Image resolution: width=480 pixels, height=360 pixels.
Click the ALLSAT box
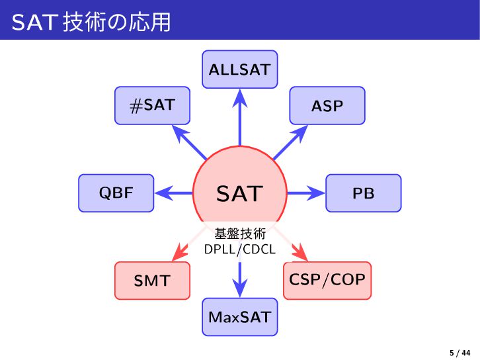pyautogui.click(x=239, y=69)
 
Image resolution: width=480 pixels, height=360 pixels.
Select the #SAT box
pyautogui.click(x=152, y=105)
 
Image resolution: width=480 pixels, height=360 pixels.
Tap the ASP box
pyautogui.click(x=327, y=105)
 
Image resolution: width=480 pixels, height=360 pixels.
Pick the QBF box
pyautogui.click(x=116, y=193)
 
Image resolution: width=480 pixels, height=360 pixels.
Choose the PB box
pyautogui.click(x=363, y=193)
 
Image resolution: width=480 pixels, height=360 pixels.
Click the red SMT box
pyautogui.click(x=152, y=281)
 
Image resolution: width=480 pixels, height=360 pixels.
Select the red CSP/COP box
pyautogui.click(x=327, y=280)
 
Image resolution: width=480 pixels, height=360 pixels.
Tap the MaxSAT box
pyautogui.click(x=239, y=317)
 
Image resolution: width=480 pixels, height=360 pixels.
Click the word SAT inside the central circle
pyautogui.click(x=239, y=194)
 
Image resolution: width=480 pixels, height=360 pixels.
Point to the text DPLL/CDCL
pyautogui.click(x=239, y=249)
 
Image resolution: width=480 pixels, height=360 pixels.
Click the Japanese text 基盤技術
pyautogui.click(x=239, y=234)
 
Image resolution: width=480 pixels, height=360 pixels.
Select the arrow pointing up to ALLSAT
pyautogui.click(x=239, y=119)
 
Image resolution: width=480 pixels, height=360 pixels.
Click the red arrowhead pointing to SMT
pyautogui.click(x=177, y=253)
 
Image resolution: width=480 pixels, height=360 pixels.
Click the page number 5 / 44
pyautogui.click(x=460, y=352)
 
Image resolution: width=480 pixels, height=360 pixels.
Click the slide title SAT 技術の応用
pyautogui.click(x=91, y=22)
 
